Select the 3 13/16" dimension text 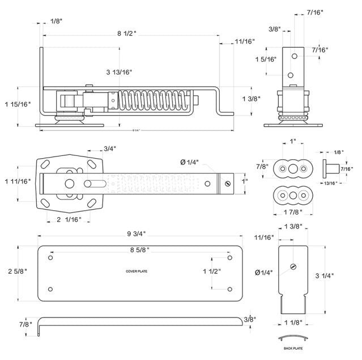[x=119, y=72]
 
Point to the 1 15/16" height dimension [x=17, y=104]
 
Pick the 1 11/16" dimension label [x=17, y=181]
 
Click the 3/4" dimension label [x=110, y=149]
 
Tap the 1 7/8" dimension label [x=293, y=212]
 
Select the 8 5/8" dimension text [x=137, y=249]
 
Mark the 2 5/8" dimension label [x=17, y=272]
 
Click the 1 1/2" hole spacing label [x=212, y=272]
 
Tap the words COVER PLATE [x=137, y=272]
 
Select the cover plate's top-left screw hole [x=51, y=258]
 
